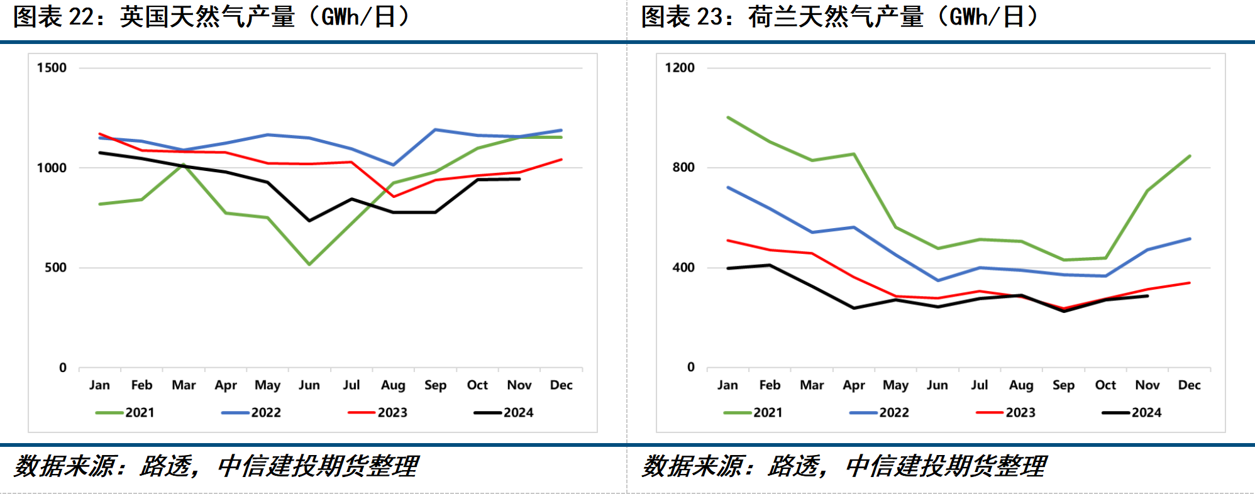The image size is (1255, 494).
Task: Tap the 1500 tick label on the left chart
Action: click(52, 68)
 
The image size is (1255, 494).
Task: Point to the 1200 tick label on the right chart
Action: click(680, 68)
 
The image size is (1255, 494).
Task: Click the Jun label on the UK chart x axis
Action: click(309, 385)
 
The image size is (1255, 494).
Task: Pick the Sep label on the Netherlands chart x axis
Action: click(1063, 385)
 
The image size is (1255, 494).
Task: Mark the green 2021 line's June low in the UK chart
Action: click(309, 264)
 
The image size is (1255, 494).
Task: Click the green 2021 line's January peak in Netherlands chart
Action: click(728, 118)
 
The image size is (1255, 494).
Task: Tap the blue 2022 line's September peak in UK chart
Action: click(435, 130)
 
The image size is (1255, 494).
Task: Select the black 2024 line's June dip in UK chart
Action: click(309, 221)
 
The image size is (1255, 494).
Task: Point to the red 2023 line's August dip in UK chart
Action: click(394, 197)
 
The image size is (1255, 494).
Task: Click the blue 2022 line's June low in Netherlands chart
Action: click(938, 280)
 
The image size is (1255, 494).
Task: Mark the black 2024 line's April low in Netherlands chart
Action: click(854, 308)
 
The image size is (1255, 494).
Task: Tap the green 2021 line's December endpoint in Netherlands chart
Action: click(1190, 156)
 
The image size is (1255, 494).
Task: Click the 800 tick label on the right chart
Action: click(683, 167)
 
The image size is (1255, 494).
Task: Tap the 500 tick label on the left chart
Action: click(55, 268)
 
